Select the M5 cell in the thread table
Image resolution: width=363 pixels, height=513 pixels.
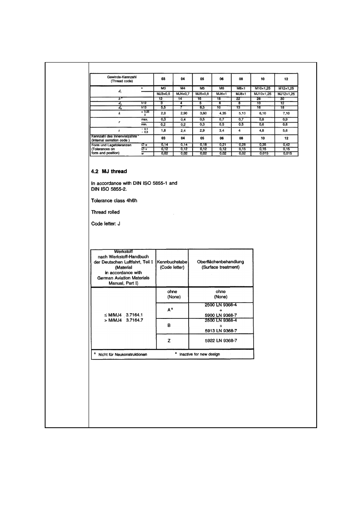(200, 88)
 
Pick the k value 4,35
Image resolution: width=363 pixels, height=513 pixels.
(222, 114)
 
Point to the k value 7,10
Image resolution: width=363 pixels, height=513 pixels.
(286, 114)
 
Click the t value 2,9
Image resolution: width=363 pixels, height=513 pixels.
(200, 131)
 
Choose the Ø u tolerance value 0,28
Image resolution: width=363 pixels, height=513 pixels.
(241, 145)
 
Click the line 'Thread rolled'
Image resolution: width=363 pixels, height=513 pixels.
(105, 212)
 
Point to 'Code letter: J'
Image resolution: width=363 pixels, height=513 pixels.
(106, 224)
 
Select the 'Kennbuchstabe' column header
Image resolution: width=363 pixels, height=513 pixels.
(172, 262)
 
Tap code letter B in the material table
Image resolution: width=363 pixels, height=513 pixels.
(172, 325)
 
